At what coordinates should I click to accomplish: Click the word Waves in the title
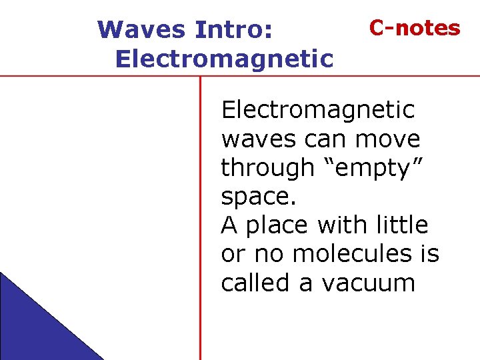click(x=141, y=30)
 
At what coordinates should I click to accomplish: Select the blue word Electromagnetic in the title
click(x=224, y=59)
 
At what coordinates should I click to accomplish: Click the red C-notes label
click(x=415, y=28)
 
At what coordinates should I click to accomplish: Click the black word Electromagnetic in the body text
click(x=317, y=110)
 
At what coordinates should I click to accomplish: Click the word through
click(x=267, y=168)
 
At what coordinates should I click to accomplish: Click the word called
click(x=256, y=283)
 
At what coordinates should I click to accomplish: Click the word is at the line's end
click(x=429, y=254)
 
